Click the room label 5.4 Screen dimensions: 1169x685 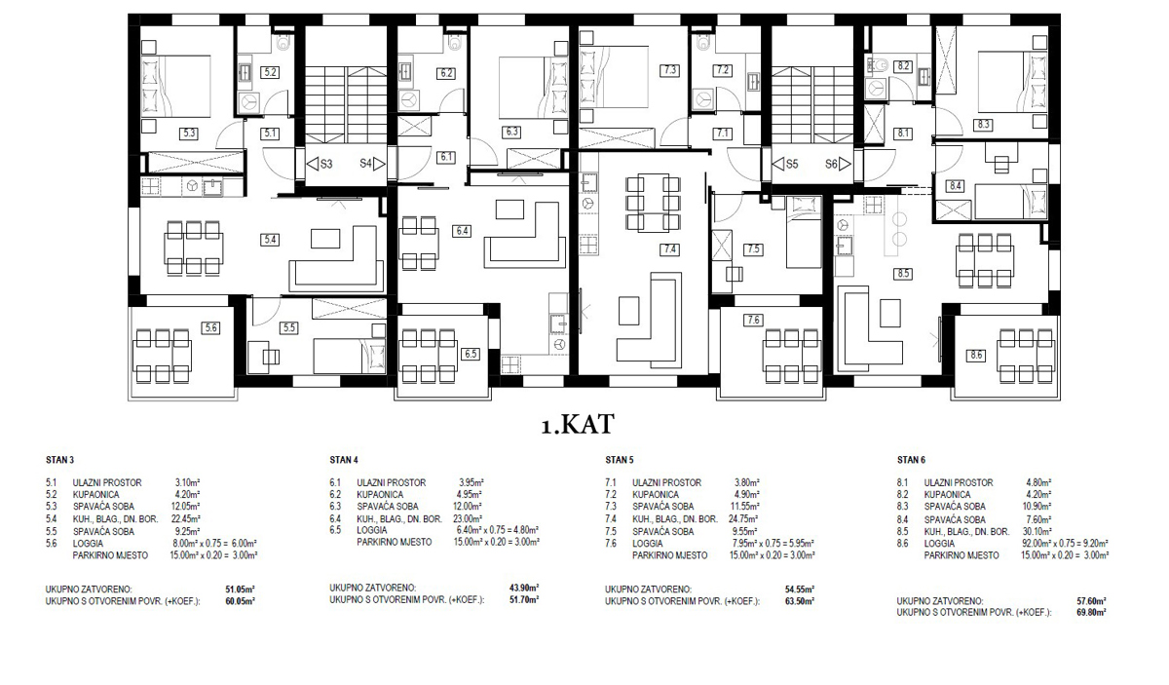tap(270, 240)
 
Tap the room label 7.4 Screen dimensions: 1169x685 tap(670, 249)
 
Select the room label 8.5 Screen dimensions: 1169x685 tap(903, 273)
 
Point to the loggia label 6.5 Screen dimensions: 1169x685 tap(471, 354)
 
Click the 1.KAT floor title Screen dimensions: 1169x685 tap(577, 425)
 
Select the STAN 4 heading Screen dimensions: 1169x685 tap(344, 460)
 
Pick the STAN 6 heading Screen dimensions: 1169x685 tap(911, 460)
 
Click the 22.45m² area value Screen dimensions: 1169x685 tap(186, 519)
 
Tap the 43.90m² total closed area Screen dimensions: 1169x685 tap(524, 588)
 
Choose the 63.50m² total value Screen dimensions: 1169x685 tap(800, 601)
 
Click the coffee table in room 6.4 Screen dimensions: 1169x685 tap(509, 209)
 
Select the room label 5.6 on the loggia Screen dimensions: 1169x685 tap(210, 327)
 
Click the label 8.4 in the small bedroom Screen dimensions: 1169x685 tap(955, 185)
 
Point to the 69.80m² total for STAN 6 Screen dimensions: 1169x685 tap(1091, 613)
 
